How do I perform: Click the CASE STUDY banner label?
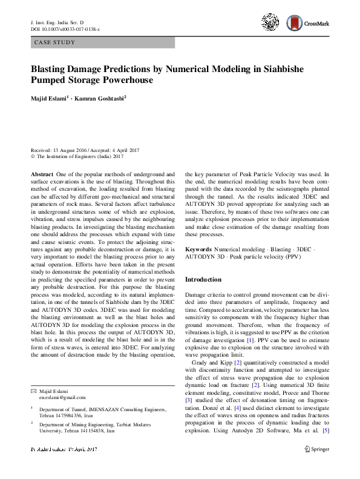pos(55,42)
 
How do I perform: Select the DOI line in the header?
pos(65,29)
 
